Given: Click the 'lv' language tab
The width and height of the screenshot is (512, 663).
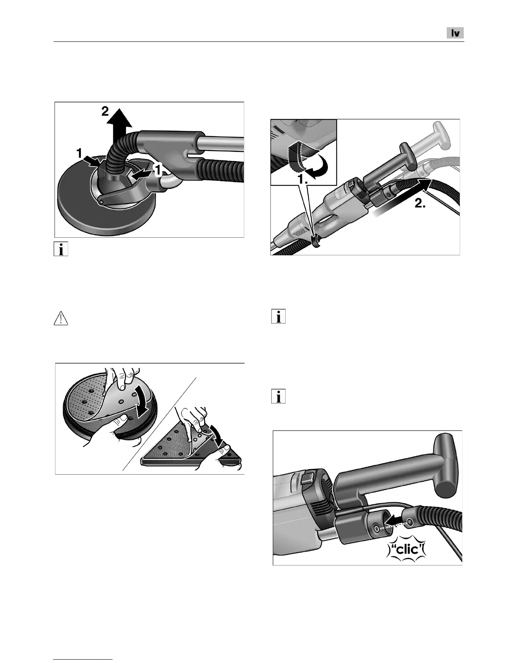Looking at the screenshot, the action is tap(456, 33).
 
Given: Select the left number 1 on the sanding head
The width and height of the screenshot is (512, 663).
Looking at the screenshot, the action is tap(79, 154).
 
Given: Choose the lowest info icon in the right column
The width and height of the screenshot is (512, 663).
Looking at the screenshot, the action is tap(279, 396).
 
